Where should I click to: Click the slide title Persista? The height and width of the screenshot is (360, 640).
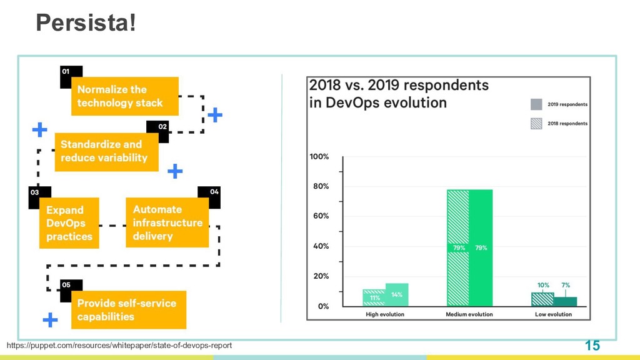86,22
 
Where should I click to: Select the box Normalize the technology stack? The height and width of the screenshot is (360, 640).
125,96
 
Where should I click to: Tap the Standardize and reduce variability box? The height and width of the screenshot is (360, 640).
106,152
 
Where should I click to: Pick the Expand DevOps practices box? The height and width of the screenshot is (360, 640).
69,223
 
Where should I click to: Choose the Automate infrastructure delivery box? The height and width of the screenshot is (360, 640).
167,222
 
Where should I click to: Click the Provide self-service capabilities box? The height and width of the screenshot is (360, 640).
129,310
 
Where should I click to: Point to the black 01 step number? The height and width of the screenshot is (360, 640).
66,71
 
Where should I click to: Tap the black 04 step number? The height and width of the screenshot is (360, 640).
214,192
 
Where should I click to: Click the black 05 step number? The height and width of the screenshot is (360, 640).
66,285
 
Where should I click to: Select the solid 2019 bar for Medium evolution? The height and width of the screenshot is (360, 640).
481,247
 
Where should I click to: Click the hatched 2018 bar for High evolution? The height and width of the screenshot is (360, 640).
374,298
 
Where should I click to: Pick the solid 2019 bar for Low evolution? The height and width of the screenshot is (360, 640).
565,302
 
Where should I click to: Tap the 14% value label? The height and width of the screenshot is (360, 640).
397,295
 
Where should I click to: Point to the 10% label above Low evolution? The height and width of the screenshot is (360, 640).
543,285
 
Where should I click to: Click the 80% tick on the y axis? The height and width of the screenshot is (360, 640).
321,186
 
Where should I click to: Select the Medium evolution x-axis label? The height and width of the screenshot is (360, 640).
469,314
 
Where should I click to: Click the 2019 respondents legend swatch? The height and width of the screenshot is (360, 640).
536,104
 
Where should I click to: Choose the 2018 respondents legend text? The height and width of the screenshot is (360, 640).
567,123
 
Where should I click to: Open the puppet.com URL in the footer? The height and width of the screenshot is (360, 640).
119,345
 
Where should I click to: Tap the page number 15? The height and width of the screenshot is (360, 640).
592,346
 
